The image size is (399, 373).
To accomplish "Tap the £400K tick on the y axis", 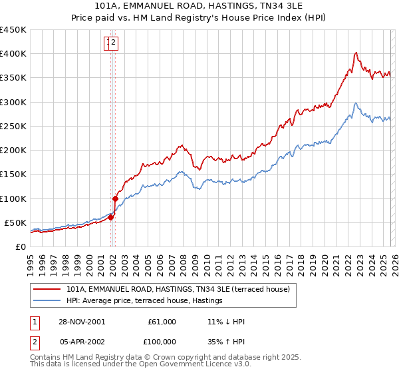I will click(13, 54).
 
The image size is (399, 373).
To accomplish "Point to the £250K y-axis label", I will click(13, 126).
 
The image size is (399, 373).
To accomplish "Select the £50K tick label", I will click(15, 222).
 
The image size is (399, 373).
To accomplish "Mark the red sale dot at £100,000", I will click(115, 198).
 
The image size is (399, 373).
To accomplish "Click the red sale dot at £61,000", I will click(111, 216).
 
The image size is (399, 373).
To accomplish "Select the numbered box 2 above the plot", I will click(114, 43).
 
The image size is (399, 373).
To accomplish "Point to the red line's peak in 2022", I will click(356, 53).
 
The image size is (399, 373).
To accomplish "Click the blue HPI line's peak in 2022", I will click(356, 103).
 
